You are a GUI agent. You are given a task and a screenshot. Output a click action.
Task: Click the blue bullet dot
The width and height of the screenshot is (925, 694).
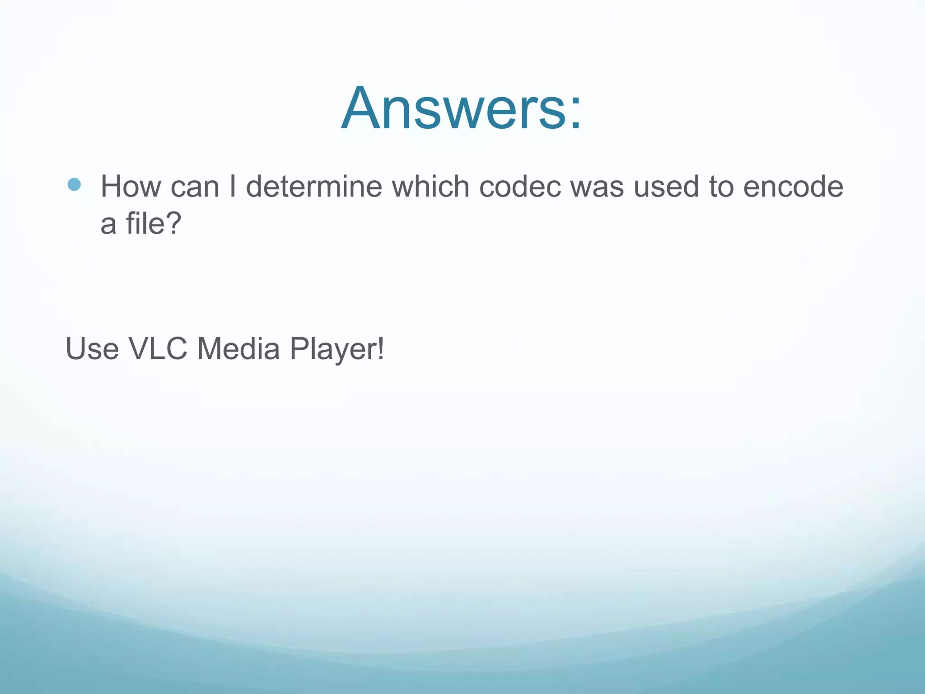tap(74, 184)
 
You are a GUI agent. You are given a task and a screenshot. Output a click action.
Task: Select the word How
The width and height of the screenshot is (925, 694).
tap(131, 186)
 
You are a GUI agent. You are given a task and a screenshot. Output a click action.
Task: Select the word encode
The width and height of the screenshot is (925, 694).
tap(793, 186)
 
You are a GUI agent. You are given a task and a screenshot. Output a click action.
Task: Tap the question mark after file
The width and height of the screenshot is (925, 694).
tap(172, 223)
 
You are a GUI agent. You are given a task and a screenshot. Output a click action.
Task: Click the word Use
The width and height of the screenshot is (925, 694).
tap(92, 349)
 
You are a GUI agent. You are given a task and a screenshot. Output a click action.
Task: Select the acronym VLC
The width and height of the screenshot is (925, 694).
tap(158, 349)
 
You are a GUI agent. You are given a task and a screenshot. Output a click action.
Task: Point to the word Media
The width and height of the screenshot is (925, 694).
tap(238, 349)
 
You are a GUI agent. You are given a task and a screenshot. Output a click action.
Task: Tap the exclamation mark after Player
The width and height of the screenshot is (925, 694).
tap(381, 349)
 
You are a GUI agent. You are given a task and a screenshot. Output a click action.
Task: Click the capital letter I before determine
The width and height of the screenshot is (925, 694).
tap(233, 186)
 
